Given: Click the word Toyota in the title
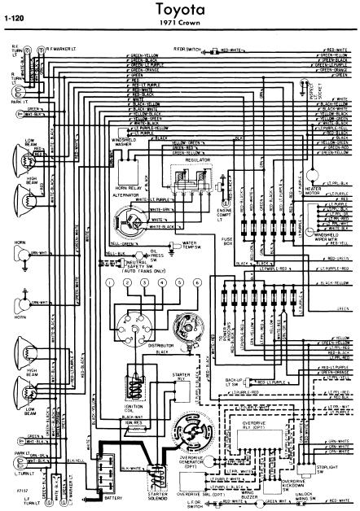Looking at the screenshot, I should click(x=180, y=8).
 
